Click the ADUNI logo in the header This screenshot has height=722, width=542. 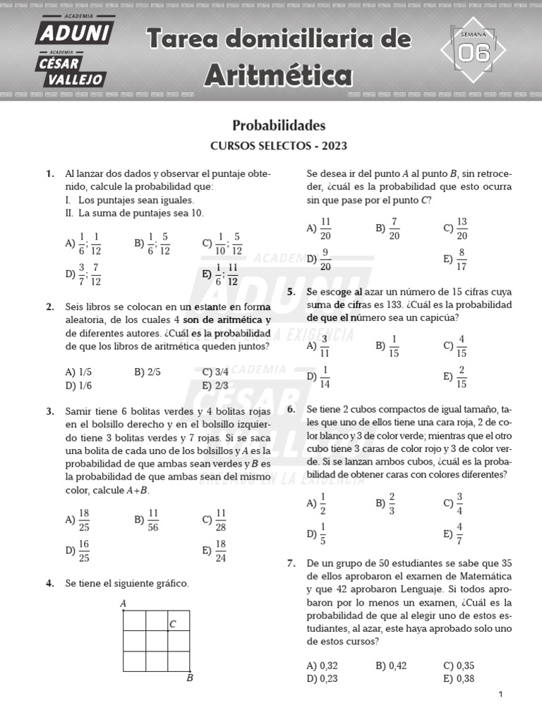coord(73,32)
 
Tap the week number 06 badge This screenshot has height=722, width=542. coord(474,52)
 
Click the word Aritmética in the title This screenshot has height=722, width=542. coord(278,73)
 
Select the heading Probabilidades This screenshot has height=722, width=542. coord(279,126)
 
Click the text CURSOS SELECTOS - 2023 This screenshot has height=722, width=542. coord(279,147)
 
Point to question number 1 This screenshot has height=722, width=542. coord(49,173)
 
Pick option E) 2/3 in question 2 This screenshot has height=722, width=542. coord(215,386)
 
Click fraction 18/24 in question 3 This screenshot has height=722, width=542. coord(220,551)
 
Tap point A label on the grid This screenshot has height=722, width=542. coord(123,604)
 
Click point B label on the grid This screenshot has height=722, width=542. coord(189,678)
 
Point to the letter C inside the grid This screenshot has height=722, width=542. coord(172,624)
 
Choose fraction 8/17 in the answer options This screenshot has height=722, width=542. coord(462,259)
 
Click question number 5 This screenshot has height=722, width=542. coord(291,292)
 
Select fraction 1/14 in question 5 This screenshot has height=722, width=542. coord(325,377)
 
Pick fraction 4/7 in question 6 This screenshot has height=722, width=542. coord(459,534)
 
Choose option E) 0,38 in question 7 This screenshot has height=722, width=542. coord(459,679)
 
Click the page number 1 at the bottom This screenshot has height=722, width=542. coord(500,695)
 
